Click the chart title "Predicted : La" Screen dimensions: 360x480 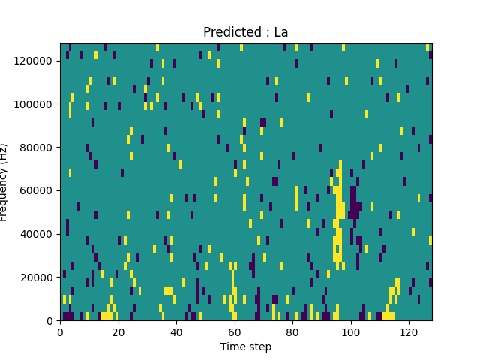[x=246, y=32]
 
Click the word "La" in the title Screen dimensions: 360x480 [x=281, y=32]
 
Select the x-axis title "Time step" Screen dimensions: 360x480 [x=246, y=346]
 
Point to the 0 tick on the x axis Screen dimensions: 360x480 [x=60, y=331]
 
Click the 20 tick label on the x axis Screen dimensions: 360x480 [x=118, y=331]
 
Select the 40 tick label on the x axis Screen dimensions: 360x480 [x=176, y=331]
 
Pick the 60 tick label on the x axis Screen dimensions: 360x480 [x=235, y=331]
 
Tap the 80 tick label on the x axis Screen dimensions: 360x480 [x=292, y=331]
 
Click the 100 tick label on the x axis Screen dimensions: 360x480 [x=350, y=331]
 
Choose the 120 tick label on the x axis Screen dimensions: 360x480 [x=409, y=331]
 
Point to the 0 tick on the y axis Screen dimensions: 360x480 [x=51, y=321]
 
